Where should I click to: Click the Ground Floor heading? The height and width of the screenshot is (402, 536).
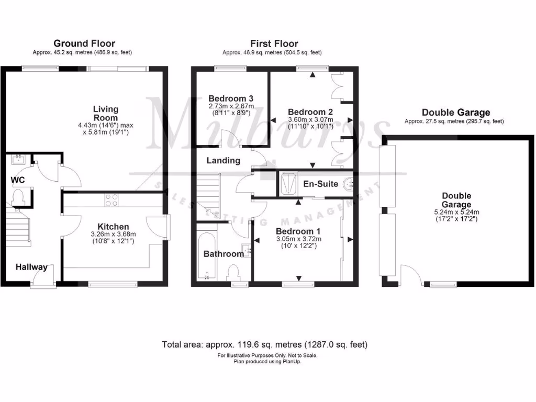click(84, 43)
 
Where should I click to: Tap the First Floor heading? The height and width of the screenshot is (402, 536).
click(274, 43)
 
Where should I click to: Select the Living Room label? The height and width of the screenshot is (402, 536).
click(106, 114)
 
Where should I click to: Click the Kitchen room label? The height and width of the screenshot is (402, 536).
click(109, 227)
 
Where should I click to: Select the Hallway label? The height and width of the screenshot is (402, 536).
click(31, 267)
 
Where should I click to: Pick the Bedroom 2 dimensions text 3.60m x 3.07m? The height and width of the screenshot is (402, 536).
click(310, 119)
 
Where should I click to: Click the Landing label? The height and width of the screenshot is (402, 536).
click(223, 161)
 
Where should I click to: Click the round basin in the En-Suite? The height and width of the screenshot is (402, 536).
click(349, 184)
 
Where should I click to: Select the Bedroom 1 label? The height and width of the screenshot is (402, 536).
click(298, 231)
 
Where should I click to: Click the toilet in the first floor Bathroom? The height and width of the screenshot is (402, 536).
click(234, 273)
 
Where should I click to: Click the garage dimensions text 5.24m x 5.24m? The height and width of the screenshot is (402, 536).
click(455, 212)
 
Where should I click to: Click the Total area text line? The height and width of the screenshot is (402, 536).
click(265, 344)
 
